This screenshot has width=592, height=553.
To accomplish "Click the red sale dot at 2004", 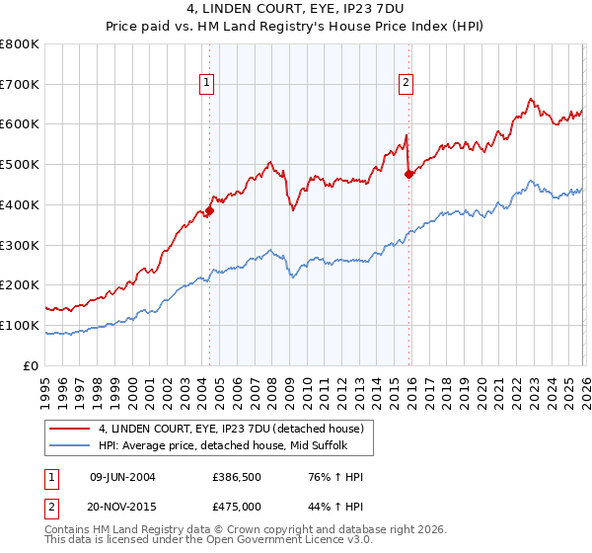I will tap(209, 210).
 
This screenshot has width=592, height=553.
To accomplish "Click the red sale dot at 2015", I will tap(409, 175).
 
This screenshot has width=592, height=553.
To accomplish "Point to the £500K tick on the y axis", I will tap(20, 164).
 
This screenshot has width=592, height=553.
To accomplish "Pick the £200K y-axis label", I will tap(20, 284).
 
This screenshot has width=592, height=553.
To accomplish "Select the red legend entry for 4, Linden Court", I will tap(231, 429).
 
